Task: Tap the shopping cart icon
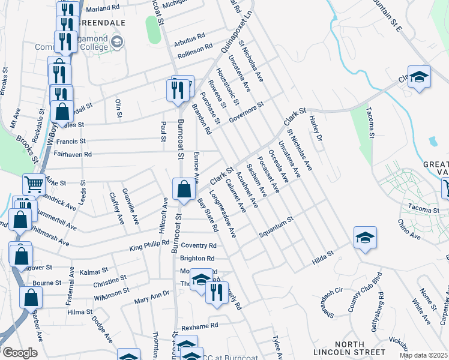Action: tap(34, 184)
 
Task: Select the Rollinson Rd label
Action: tap(193, 47)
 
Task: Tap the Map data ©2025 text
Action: tap(423, 355)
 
